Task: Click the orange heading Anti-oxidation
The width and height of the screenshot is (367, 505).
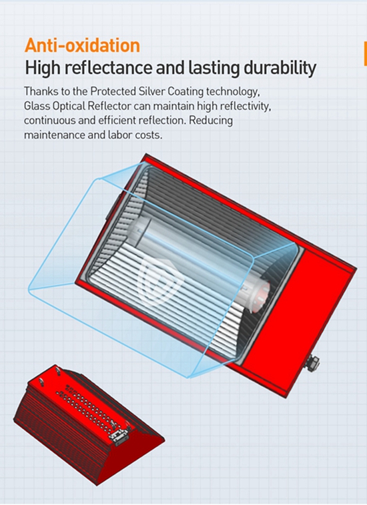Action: [x=83, y=45]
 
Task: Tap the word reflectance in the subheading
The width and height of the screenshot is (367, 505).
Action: [x=108, y=67]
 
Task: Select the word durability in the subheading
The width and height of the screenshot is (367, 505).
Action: [x=280, y=69]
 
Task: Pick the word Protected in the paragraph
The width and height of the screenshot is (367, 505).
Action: [x=113, y=92]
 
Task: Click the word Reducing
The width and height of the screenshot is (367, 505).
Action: [x=211, y=121]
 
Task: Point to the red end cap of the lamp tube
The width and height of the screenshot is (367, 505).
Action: [x=261, y=296]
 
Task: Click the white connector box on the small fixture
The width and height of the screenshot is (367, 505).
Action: [x=118, y=433]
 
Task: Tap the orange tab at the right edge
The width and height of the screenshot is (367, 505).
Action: [x=365, y=53]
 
